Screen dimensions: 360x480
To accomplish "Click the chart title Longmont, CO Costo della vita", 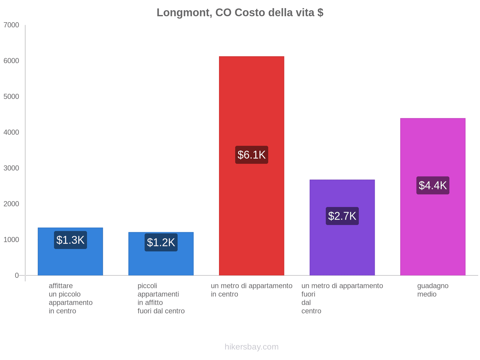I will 240,13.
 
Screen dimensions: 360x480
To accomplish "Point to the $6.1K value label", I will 251,155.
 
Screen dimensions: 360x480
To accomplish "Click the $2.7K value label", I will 342,216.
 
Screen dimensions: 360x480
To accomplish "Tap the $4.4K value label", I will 433,185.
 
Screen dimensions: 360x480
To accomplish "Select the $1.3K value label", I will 70,240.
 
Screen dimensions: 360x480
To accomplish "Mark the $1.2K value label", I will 161,242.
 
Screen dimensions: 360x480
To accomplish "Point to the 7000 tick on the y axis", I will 11,25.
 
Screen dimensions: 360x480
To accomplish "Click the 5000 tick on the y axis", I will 11,97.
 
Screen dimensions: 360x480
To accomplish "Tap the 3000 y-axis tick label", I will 11,168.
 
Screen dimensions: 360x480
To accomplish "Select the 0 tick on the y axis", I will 17,275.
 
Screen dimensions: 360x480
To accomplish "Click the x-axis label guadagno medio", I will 433,290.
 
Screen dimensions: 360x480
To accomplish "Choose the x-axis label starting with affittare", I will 70,298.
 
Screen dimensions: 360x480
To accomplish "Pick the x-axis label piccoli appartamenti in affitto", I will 161,298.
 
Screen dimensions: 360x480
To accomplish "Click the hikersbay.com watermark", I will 251,347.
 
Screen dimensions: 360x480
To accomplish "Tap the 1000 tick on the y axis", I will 11,240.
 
